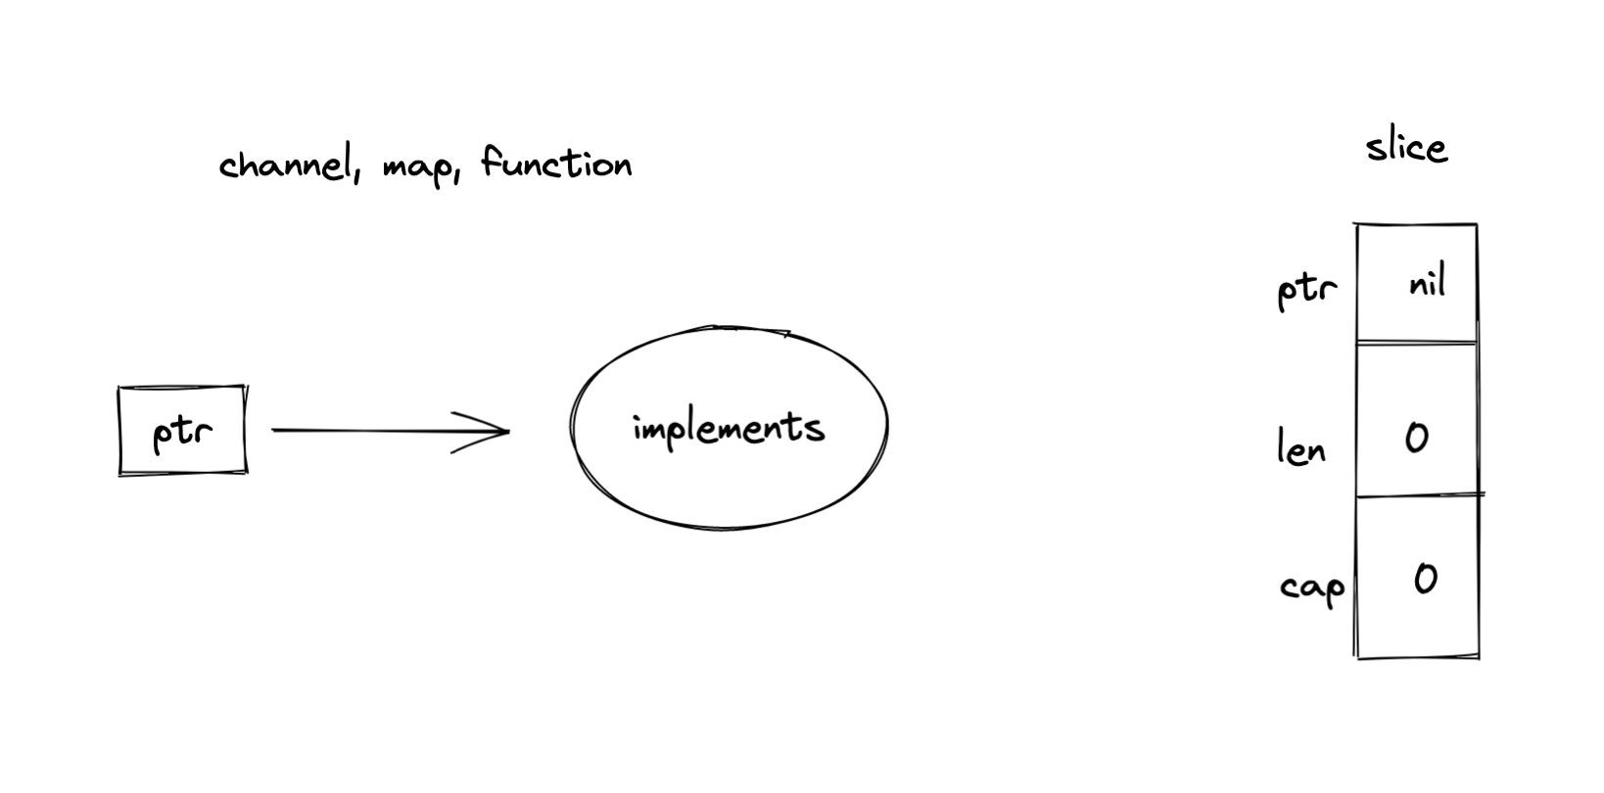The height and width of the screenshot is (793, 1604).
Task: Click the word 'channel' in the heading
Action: click(x=284, y=164)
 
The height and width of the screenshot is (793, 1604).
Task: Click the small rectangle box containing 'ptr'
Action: click(x=182, y=431)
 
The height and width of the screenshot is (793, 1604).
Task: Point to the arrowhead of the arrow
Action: click(x=504, y=431)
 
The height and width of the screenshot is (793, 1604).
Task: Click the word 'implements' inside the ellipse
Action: click(x=729, y=429)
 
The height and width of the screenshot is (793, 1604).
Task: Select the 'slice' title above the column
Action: click(x=1406, y=148)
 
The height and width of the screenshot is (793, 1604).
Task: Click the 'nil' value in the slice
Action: click(x=1427, y=284)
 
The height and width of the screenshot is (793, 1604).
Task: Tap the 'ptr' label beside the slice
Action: click(x=1306, y=290)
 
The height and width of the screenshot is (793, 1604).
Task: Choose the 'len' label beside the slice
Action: click(x=1301, y=449)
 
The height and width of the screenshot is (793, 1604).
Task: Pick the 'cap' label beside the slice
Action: click(x=1311, y=588)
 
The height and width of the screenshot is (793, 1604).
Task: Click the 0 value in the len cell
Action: click(x=1416, y=438)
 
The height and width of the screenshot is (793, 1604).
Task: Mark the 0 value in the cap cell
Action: click(x=1425, y=580)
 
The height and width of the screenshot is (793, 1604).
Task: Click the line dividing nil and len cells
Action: click(x=1416, y=343)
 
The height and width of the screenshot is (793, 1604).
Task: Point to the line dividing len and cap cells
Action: click(x=1416, y=495)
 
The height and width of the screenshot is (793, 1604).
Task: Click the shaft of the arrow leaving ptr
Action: click(x=372, y=430)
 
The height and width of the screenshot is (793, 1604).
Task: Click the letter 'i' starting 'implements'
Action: click(x=638, y=428)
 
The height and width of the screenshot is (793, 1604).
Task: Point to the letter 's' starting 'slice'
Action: click(x=1376, y=150)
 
